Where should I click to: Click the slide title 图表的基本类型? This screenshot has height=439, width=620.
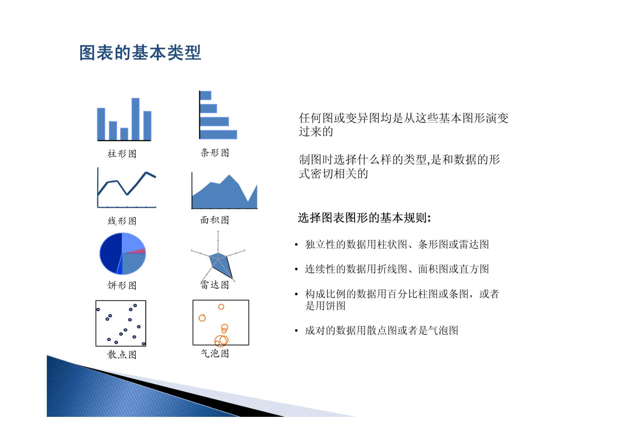pyautogui.click(x=140, y=52)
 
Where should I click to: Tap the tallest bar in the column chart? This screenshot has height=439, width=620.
pyautogui.click(x=135, y=119)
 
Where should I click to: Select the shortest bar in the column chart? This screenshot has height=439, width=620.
pyautogui.click(x=124, y=134)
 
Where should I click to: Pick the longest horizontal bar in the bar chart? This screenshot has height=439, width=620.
pyautogui.click(x=218, y=134)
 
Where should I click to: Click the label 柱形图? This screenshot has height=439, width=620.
pyautogui.click(x=122, y=154)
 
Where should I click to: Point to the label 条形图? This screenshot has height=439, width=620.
pyautogui.click(x=215, y=153)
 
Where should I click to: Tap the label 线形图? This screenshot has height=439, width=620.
pyautogui.click(x=122, y=221)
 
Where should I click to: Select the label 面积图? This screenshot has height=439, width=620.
pyautogui.click(x=215, y=220)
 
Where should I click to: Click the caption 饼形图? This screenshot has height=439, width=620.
pyautogui.click(x=122, y=285)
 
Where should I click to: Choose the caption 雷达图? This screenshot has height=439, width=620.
pyautogui.click(x=215, y=285)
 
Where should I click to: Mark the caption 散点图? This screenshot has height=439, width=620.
pyautogui.click(x=122, y=354)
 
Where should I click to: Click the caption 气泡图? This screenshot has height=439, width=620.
pyautogui.click(x=215, y=353)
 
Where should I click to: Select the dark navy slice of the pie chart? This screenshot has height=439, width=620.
pyautogui.click(x=110, y=253)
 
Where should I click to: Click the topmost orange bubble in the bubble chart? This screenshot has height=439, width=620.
pyautogui.click(x=221, y=307)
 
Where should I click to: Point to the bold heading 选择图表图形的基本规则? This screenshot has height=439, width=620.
pyautogui.click(x=364, y=218)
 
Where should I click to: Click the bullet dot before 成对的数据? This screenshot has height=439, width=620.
pyautogui.click(x=296, y=330)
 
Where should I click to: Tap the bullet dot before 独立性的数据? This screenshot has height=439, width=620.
pyautogui.click(x=296, y=245)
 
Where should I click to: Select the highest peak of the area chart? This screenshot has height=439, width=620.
pyautogui.click(x=229, y=175)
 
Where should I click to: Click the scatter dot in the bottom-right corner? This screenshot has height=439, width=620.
pyautogui.click(x=143, y=344)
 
